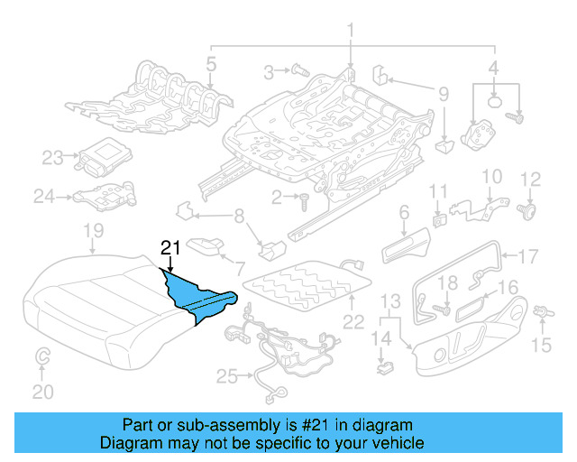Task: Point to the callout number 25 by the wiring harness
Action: point(224,374)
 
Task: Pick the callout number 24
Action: point(44,194)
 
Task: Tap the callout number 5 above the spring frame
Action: point(210,64)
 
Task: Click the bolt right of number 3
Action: point(299,69)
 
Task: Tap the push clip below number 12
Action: point(529,213)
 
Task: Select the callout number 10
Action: point(491,176)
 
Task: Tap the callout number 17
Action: point(527,254)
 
